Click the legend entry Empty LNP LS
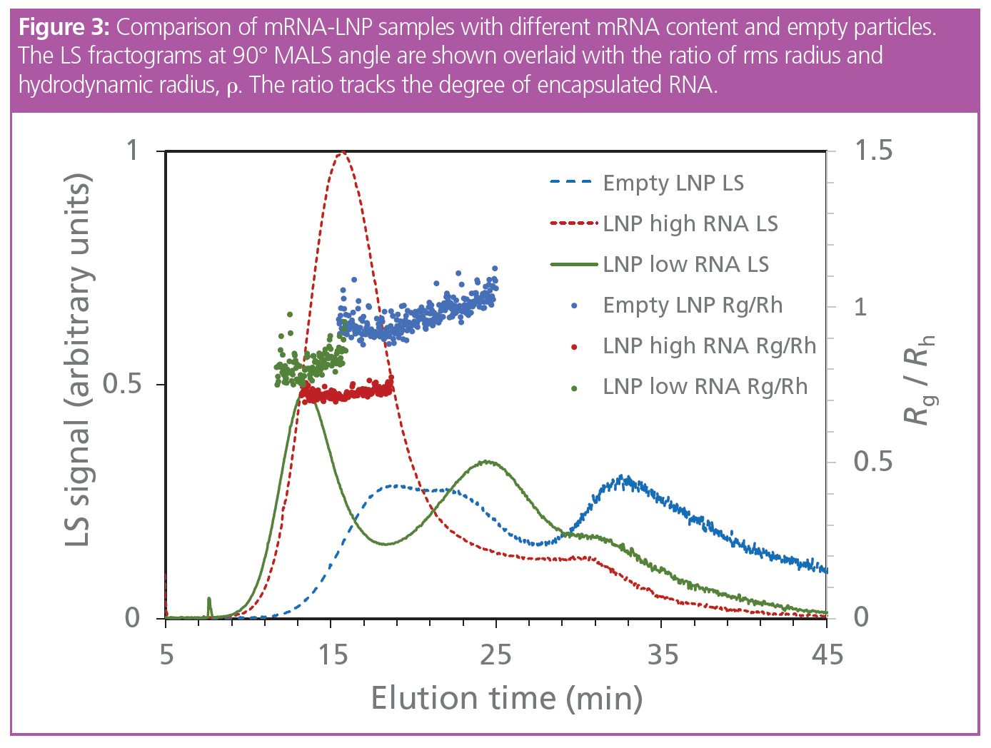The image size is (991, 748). (673, 183)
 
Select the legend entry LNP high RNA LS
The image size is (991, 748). (690, 224)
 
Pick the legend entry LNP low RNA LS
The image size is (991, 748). (685, 265)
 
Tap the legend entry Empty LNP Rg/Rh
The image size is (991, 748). (693, 305)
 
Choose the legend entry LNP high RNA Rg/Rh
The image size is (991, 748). (709, 346)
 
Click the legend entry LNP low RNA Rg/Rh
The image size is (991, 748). (705, 387)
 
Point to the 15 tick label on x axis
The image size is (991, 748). (332, 654)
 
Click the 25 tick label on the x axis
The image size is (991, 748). (496, 654)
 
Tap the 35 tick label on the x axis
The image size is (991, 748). (662, 654)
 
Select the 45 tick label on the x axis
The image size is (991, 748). (827, 654)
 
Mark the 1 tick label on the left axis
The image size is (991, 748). (132, 151)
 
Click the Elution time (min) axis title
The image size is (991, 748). (507, 698)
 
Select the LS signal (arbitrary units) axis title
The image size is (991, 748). (79, 360)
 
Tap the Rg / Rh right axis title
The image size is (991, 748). (920, 380)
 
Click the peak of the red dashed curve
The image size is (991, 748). (343, 153)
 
